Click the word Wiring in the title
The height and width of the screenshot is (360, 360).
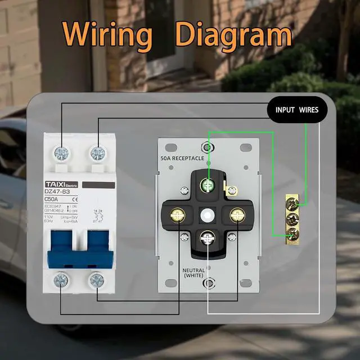tap(107, 34)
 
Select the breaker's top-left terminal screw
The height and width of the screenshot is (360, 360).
tap(61, 152)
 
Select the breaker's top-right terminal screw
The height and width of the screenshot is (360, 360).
tap(98, 152)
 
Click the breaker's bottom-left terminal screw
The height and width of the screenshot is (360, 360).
tap(61, 279)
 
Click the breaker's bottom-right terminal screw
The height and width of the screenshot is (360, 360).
tap(97, 279)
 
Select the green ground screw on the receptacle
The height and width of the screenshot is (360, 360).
tap(209, 183)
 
